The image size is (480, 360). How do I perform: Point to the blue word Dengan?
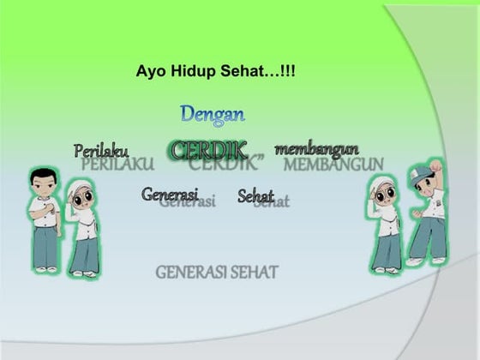point(213,113)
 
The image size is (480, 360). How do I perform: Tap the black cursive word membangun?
point(316,149)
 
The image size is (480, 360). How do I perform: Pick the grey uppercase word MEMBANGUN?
point(333,164)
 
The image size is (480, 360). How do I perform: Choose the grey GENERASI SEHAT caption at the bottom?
point(217,273)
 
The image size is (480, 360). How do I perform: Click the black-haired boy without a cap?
point(43,219)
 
